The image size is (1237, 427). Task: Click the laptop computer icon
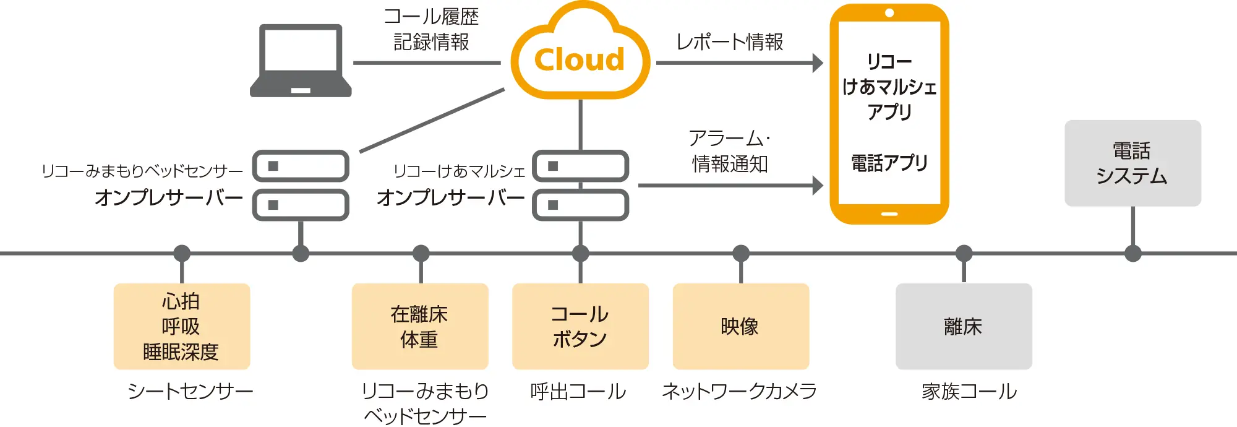301,61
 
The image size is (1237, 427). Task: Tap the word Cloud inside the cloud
580,60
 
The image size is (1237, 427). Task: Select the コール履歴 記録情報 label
431,29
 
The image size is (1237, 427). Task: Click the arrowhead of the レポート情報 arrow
818,63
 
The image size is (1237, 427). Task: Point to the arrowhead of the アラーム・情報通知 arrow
818,185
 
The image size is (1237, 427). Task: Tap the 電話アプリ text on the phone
889,163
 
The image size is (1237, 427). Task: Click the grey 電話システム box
1132,163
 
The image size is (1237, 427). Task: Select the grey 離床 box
963,326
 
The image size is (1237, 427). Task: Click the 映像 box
740,326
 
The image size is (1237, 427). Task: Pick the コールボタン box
580,326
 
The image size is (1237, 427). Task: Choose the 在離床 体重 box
419,326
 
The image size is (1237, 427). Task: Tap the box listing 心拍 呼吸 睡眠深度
181,326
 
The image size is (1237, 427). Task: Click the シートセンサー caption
190,391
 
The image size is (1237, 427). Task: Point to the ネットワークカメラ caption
739,391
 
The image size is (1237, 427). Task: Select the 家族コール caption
969,391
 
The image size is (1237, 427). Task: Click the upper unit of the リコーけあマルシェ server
580,166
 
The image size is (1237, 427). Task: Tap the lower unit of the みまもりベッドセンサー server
301,205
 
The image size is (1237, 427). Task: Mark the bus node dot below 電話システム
1132,253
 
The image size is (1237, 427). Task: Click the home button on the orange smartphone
889,214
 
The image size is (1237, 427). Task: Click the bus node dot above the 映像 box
740,253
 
